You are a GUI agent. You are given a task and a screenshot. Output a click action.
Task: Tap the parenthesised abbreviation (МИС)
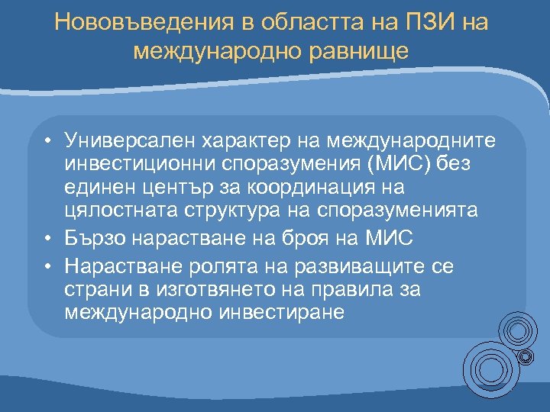pyautogui.click(x=392, y=164)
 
